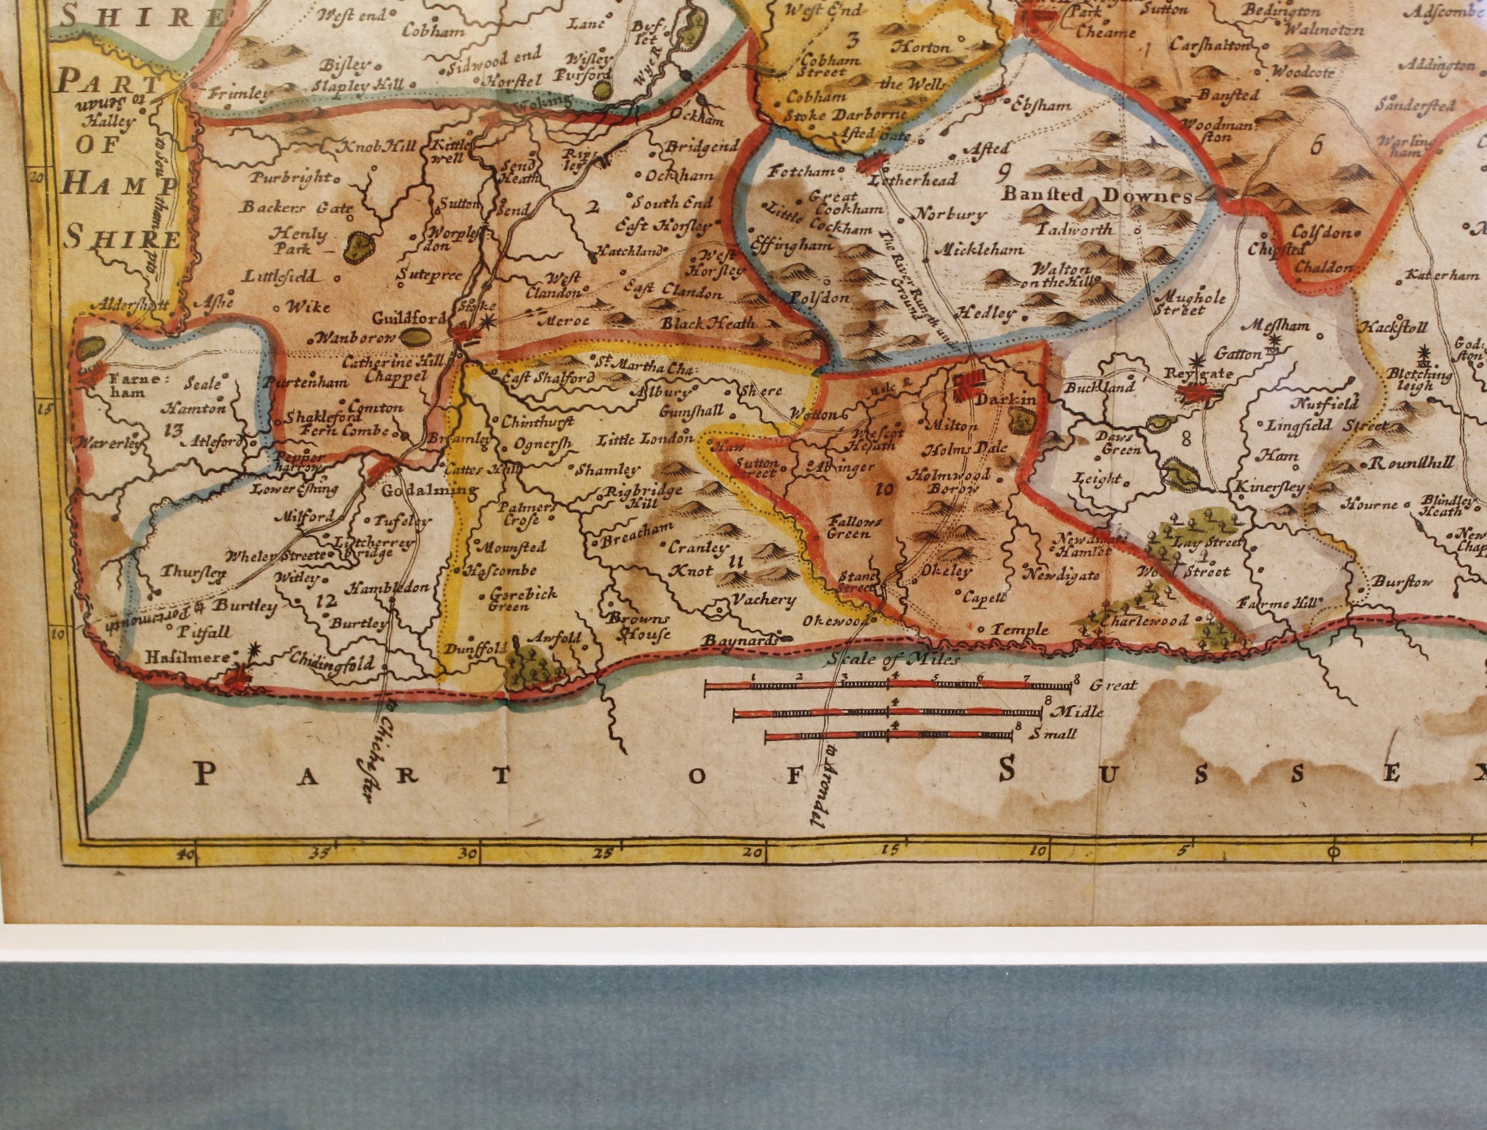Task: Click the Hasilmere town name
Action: point(193,656)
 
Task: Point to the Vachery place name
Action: point(764,599)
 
